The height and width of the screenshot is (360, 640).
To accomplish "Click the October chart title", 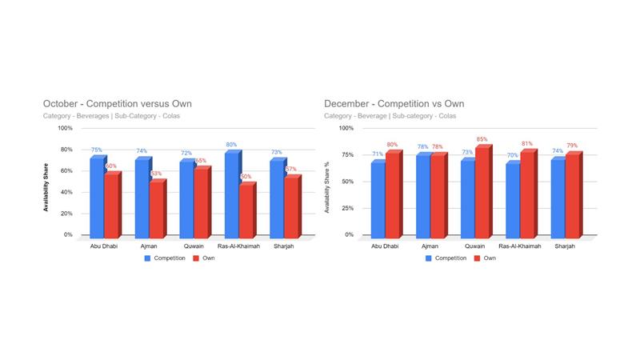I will tap(117, 104).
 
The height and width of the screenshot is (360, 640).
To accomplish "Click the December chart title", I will tap(394, 104).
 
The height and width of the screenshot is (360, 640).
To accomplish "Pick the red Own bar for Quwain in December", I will tap(482, 192).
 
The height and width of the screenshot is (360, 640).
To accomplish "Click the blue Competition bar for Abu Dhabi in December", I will tap(378, 198).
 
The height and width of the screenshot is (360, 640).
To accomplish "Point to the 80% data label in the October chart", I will tap(231, 145).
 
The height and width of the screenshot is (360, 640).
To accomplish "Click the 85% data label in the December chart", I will tap(482, 139).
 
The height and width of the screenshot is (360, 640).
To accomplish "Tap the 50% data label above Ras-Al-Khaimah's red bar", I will tap(246, 177).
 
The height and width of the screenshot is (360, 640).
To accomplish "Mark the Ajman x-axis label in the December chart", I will tap(430, 246).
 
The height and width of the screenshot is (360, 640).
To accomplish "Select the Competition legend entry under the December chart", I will tap(445, 258).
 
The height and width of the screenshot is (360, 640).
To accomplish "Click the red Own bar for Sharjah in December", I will tap(573, 195).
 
